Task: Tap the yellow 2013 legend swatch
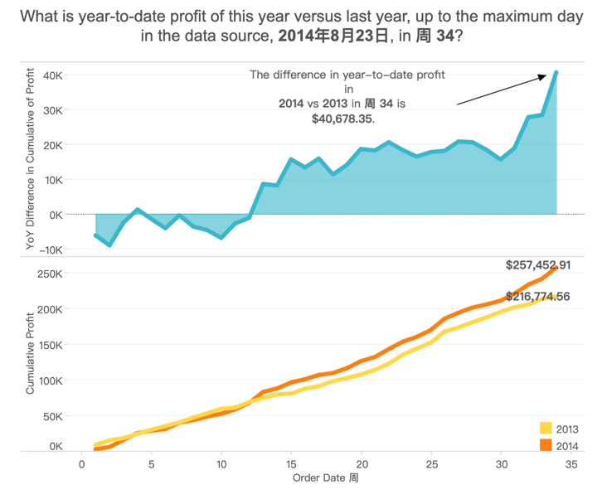coord(546,429)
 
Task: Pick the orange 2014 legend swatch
coord(546,446)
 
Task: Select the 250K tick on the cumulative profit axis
coord(51,273)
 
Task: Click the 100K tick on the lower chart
coord(51,380)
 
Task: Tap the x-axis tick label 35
coord(571,464)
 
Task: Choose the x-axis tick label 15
coord(291,464)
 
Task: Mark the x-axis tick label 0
coord(82,464)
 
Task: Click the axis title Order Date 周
coord(325,478)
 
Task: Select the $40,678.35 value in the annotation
coord(342,119)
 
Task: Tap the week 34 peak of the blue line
coord(557,72)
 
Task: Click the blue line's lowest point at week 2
coord(110,245)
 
